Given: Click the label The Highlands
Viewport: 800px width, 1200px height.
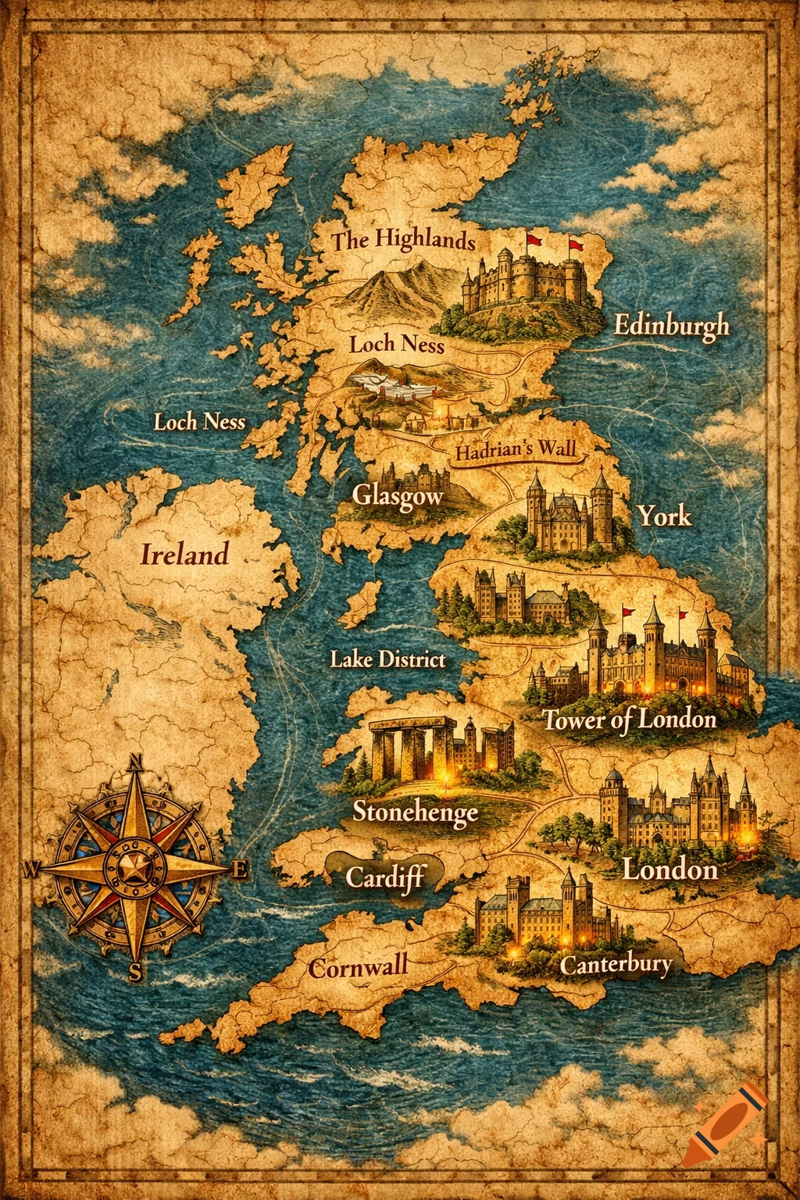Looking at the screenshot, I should (403, 239).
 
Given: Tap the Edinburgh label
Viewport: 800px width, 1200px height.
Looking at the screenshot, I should (671, 325).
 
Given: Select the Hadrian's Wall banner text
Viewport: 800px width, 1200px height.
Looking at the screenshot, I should (516, 451).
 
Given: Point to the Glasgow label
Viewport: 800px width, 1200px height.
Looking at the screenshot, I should (398, 495).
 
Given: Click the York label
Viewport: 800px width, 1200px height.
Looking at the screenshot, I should (664, 516).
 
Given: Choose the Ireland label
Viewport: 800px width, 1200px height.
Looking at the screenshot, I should (184, 555).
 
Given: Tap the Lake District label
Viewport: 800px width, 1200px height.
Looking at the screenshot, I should (387, 659).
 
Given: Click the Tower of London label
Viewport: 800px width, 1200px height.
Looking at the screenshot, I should (630, 719).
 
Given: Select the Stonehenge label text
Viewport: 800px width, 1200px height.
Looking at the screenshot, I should (415, 812).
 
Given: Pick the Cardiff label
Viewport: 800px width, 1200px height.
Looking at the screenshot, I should (385, 877).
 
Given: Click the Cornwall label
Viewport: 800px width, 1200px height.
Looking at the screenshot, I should (358, 967).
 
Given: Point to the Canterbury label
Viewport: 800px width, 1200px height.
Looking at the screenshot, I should (616, 964).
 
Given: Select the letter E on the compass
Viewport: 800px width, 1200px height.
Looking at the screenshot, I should (240, 869).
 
